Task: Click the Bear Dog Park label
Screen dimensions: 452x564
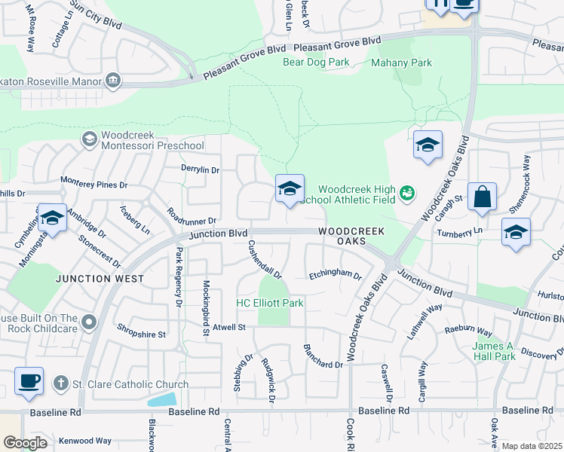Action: point(316,62)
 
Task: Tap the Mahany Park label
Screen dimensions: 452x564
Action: point(402,63)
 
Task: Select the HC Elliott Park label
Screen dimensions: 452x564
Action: point(270,303)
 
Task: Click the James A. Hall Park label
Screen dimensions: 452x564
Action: point(494,351)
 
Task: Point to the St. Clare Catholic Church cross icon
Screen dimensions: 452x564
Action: point(60,384)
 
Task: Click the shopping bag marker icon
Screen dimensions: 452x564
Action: point(482,197)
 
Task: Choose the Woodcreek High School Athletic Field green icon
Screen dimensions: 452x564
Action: point(407,194)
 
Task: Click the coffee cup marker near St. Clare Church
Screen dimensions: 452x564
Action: point(29,381)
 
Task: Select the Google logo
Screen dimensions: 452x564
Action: point(25,443)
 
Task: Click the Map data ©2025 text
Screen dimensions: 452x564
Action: point(531,446)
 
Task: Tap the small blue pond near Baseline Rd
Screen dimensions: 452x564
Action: point(162,399)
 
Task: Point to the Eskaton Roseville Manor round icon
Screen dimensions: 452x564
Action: point(113,79)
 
